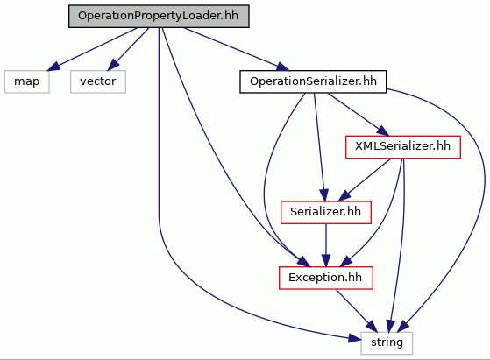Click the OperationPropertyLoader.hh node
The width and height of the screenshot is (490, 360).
click(x=159, y=16)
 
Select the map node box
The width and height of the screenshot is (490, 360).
click(x=27, y=81)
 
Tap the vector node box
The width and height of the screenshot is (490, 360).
click(x=98, y=81)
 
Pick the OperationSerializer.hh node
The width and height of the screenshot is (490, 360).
click(x=313, y=81)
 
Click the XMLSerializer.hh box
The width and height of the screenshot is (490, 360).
click(x=403, y=147)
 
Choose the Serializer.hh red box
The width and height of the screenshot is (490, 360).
click(x=326, y=212)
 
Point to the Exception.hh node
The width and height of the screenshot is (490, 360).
click(x=325, y=278)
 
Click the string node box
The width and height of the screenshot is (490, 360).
click(x=387, y=342)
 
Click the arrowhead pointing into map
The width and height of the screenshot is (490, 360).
click(x=53, y=66)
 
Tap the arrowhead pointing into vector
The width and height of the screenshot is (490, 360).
click(x=113, y=65)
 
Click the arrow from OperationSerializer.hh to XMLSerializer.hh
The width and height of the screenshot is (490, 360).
click(x=359, y=114)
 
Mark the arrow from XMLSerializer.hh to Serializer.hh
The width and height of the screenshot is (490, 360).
click(x=365, y=180)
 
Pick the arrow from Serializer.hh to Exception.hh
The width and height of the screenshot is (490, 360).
click(x=326, y=245)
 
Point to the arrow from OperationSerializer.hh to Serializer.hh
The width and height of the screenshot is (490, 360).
click(x=319, y=147)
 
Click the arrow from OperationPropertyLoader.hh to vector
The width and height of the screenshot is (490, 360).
click(x=128, y=49)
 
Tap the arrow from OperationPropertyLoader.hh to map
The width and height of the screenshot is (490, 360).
click(x=93, y=49)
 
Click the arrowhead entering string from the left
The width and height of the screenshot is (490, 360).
click(x=355, y=338)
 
